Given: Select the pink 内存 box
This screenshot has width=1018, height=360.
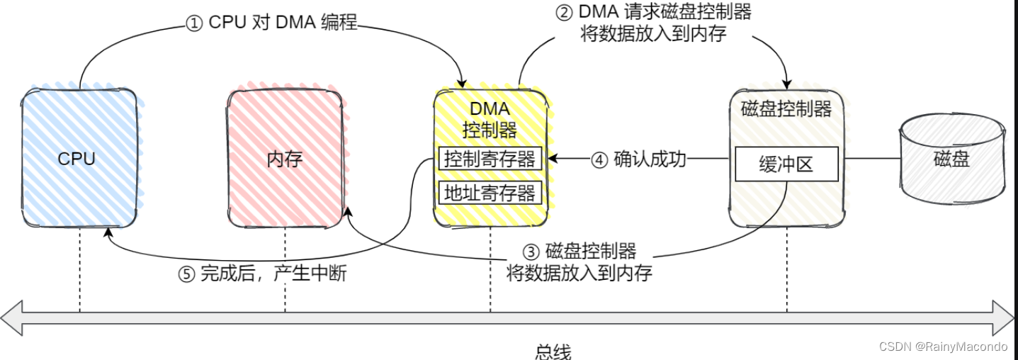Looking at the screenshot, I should [x=285, y=158].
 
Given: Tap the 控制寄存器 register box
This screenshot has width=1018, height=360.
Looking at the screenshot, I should [x=490, y=159].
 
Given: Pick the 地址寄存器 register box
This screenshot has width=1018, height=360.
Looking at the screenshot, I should [x=490, y=193].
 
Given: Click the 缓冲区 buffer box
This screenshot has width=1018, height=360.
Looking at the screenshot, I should [x=786, y=164].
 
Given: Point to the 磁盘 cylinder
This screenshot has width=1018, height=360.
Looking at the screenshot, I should [x=951, y=159].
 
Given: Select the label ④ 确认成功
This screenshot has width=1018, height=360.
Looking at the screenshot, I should [x=638, y=159].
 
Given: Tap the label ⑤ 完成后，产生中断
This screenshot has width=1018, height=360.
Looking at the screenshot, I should [x=262, y=274].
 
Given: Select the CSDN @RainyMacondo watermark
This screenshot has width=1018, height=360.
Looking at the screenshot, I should [x=942, y=347].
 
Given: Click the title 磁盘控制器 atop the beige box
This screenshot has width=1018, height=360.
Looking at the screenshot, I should [x=786, y=109].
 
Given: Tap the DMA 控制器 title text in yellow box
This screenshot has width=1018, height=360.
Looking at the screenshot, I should [x=490, y=120].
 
